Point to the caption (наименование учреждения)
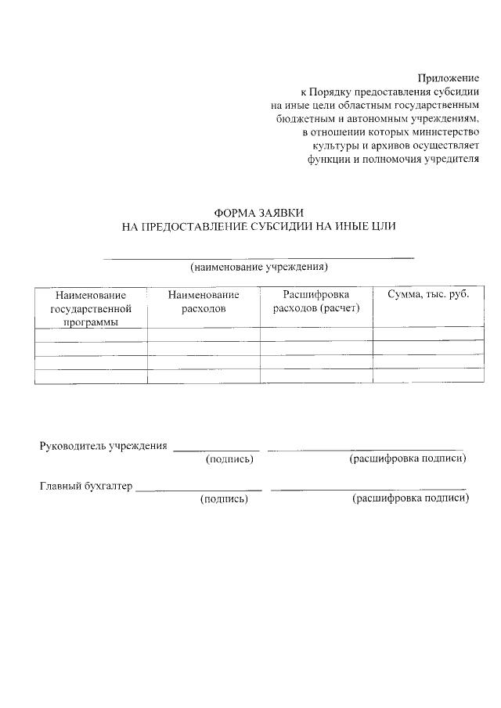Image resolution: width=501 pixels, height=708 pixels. (x=258, y=268)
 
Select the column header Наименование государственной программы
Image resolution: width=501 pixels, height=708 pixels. (x=90, y=308)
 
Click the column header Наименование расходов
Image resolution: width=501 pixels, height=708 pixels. (x=203, y=301)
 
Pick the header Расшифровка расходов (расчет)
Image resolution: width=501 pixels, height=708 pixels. (x=315, y=301)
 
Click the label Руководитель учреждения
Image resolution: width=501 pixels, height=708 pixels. (x=103, y=446)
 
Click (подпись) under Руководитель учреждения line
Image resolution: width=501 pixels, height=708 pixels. (x=229, y=459)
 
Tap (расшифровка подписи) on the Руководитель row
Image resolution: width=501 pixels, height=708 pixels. (x=407, y=459)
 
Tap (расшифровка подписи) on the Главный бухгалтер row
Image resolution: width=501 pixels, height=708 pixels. (x=411, y=499)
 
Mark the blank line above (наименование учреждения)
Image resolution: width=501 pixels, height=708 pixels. (x=258, y=257)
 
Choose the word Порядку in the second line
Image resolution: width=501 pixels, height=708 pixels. (x=335, y=91)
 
